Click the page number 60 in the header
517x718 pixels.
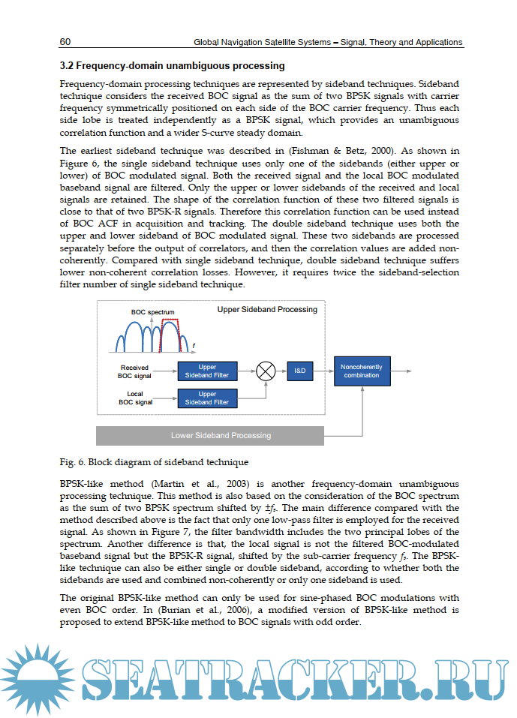(65, 42)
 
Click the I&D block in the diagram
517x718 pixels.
(299, 371)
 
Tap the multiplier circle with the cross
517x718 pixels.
(266, 371)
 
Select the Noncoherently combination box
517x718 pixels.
(362, 371)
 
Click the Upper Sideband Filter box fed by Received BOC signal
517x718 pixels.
(207, 371)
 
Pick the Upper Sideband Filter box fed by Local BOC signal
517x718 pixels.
(207, 398)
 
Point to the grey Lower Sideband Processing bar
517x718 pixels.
(210, 435)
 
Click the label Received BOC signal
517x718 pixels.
(135, 371)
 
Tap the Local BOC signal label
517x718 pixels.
(135, 398)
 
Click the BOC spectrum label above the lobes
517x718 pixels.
(152, 311)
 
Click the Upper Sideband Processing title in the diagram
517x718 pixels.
(267, 309)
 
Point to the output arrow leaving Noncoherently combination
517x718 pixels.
(401, 371)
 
